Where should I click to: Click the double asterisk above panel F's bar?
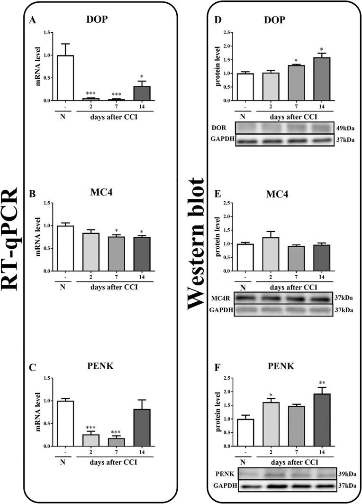321,382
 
